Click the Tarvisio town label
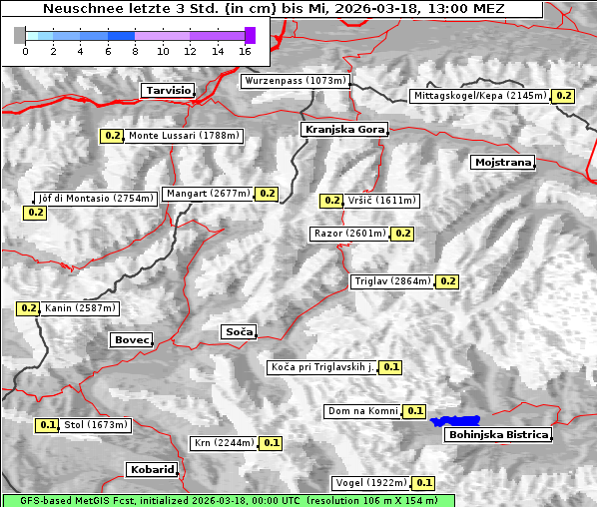pos(167,90)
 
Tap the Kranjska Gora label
pos(342,130)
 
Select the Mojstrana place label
pos(503,162)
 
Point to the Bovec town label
pos(132,340)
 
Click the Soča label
pos(239,331)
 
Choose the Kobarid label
pos(152,469)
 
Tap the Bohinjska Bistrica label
pos(498,434)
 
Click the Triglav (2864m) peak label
pos(392,281)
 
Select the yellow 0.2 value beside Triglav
pos(448,281)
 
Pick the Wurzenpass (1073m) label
pos(295,81)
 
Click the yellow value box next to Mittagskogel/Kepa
pos(564,96)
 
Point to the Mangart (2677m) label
pos(208,194)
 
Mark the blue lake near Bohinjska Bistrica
pos(455,421)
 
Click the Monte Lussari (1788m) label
pos(184,136)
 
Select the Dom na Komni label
pos(363,411)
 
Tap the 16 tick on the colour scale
pos(245,50)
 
